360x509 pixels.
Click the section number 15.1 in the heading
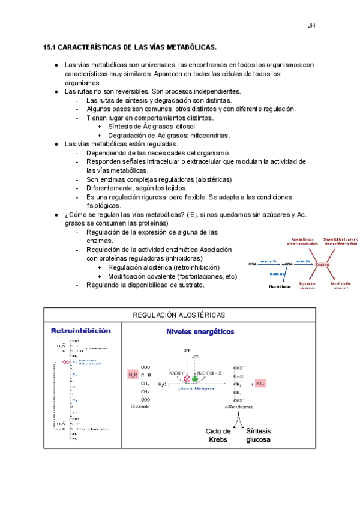pyautogui.click(x=50, y=47)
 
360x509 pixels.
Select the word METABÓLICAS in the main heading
pyautogui.click(x=184, y=47)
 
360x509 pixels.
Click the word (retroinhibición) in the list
pyautogui.click(x=188, y=267)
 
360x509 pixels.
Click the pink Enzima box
pyautogui.click(x=322, y=264)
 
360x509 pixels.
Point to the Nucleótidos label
pyautogui.click(x=280, y=286)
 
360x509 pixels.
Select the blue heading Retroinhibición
pyautogui.click(x=81, y=331)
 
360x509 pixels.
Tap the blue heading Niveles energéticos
pyautogui.click(x=200, y=331)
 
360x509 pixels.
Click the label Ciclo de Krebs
pyautogui.click(x=218, y=435)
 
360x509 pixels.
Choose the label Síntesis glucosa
pyautogui.click(x=257, y=435)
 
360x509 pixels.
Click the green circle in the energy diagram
pyautogui.click(x=194, y=379)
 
